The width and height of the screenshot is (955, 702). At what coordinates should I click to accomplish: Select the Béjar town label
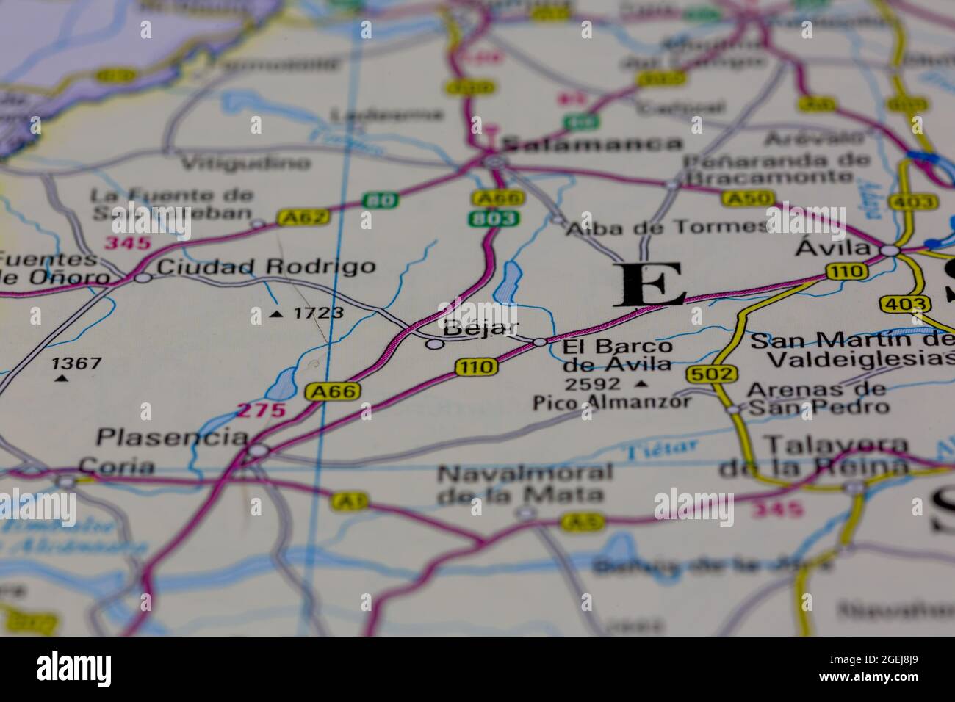coord(482,328)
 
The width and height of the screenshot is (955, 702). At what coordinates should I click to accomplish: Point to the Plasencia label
coord(172,438)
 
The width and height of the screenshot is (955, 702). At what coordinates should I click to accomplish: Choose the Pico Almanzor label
coord(612,402)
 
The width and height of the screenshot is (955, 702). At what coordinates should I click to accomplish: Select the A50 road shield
coord(748,198)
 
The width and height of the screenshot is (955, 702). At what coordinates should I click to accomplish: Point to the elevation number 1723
coord(317,314)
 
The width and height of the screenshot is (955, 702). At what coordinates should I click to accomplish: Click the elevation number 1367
coord(76,363)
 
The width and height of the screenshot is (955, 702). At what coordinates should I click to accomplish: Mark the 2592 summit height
coord(592,383)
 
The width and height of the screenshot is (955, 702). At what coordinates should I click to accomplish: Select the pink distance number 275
coord(261,410)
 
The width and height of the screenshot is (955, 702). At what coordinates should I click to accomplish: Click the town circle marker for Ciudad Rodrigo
coord(143,278)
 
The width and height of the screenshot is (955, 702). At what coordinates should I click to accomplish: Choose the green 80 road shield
coord(379,199)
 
